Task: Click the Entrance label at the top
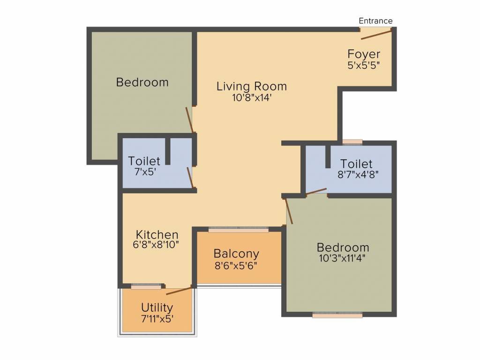pos(375,21)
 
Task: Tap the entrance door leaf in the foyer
pos(376,34)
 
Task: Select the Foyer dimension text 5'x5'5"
pos(364,66)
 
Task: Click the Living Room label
pos(252,86)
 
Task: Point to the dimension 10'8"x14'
pos(251,98)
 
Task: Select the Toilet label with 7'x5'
pos(144,161)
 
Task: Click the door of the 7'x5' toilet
pos(189,177)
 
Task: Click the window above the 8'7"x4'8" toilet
pos(352,142)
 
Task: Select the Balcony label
pos(236,254)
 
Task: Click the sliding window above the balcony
pos(239,230)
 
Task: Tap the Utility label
pos(157,307)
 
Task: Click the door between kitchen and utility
pos(179,291)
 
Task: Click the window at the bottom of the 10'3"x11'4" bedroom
pos(337,315)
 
